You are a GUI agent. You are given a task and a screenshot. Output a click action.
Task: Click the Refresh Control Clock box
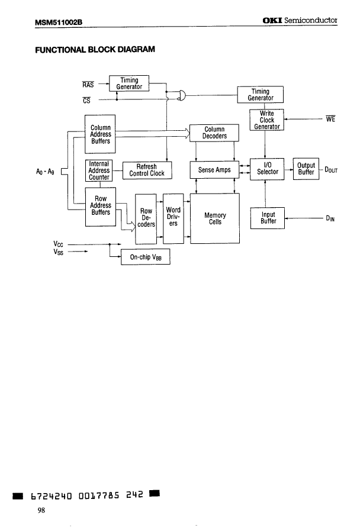(147, 170)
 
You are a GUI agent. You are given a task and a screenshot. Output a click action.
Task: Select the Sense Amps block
(214, 170)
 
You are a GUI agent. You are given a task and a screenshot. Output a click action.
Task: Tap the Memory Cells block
(214, 218)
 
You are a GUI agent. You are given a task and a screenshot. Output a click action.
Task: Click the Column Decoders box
(214, 133)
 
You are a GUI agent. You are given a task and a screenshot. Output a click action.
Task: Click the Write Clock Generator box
(267, 120)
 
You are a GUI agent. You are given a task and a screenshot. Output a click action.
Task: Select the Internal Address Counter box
(98, 170)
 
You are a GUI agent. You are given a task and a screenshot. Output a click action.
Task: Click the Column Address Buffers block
(100, 134)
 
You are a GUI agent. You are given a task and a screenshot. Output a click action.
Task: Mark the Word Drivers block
(173, 217)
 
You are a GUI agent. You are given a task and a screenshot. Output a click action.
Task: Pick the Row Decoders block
(146, 218)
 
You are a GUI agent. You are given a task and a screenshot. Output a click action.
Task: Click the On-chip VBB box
(146, 257)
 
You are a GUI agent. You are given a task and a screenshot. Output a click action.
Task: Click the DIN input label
(330, 218)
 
